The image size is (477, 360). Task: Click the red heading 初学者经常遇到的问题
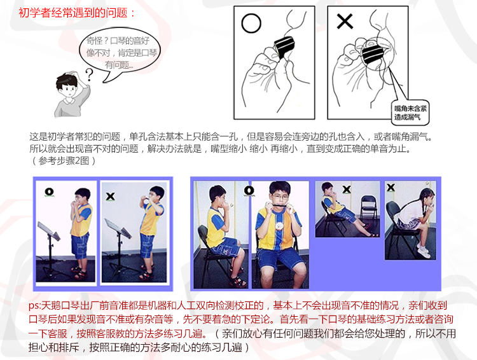tap(73, 13)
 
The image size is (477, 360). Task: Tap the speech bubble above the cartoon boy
tap(120, 52)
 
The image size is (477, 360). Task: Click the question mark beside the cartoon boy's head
tap(89, 74)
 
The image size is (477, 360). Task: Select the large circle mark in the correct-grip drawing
tap(251, 24)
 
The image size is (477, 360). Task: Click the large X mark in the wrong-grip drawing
tap(345, 22)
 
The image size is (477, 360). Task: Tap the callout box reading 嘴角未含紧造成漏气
tap(410, 113)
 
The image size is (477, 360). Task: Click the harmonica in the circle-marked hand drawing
tap(284, 46)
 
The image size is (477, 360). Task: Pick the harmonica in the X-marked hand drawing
tap(373, 52)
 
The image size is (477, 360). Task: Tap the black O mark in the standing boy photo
tap(49, 192)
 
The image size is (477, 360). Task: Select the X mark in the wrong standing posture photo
tap(111, 197)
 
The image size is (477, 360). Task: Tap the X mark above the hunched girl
tap(391, 188)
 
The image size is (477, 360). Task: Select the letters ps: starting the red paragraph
tap(35, 305)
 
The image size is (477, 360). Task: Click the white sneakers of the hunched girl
tap(424, 249)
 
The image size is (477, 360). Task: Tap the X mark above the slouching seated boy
tap(347, 190)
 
